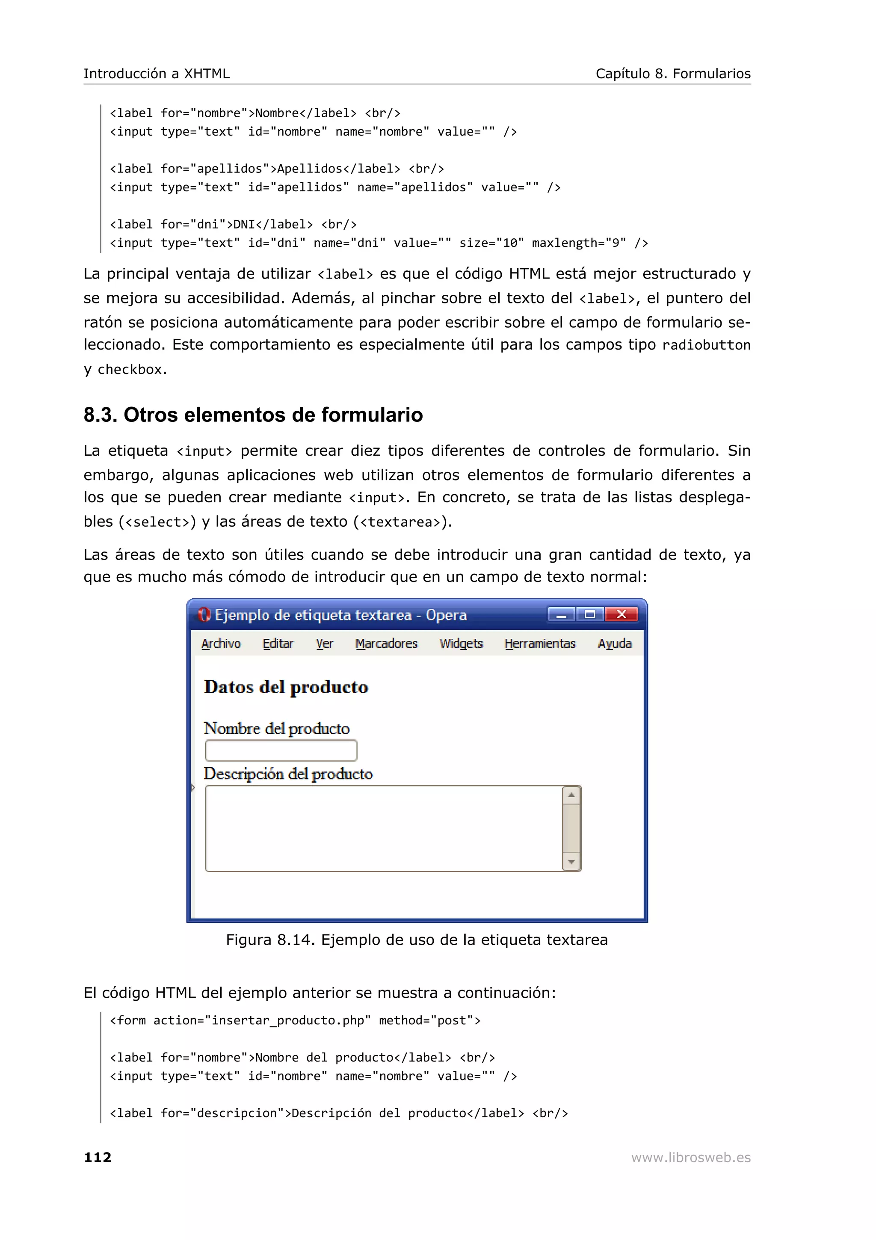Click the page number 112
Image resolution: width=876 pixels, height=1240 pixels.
[x=98, y=1157]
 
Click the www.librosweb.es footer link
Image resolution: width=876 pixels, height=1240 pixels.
[x=691, y=1157]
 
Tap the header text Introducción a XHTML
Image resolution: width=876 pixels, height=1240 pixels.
[x=157, y=74]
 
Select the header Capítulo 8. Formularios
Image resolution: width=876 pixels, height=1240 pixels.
[x=672, y=74]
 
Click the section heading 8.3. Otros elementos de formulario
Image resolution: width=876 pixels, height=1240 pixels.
[x=253, y=415]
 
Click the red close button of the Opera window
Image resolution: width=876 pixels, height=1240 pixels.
[x=621, y=614]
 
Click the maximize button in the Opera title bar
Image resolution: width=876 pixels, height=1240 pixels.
[x=590, y=614]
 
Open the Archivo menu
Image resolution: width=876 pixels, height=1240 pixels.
[x=221, y=644]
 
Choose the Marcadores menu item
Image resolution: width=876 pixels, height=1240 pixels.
[x=386, y=644]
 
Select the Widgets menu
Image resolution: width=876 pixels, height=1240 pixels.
[x=461, y=644]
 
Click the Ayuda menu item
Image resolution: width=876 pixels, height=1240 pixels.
[x=614, y=644]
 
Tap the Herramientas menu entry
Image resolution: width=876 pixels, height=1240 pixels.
[x=540, y=644]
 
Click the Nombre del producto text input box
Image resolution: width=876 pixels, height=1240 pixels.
[x=281, y=751]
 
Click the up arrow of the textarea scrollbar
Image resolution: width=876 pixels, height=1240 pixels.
[x=571, y=795]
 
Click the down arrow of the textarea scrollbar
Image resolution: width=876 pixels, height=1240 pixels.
[x=571, y=862]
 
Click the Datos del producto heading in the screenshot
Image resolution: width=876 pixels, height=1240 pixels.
[x=286, y=687]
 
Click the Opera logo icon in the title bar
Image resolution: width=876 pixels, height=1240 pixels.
[x=204, y=614]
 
